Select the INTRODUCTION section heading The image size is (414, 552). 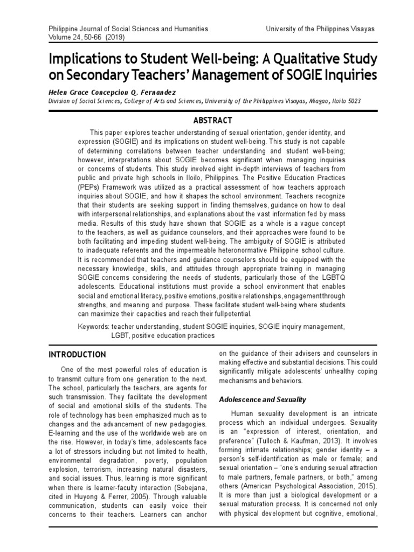78,354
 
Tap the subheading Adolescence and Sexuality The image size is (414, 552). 262,399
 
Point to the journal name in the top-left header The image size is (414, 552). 121,28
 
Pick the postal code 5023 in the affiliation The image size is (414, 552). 353,101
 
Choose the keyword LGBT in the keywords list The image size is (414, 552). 121,335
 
